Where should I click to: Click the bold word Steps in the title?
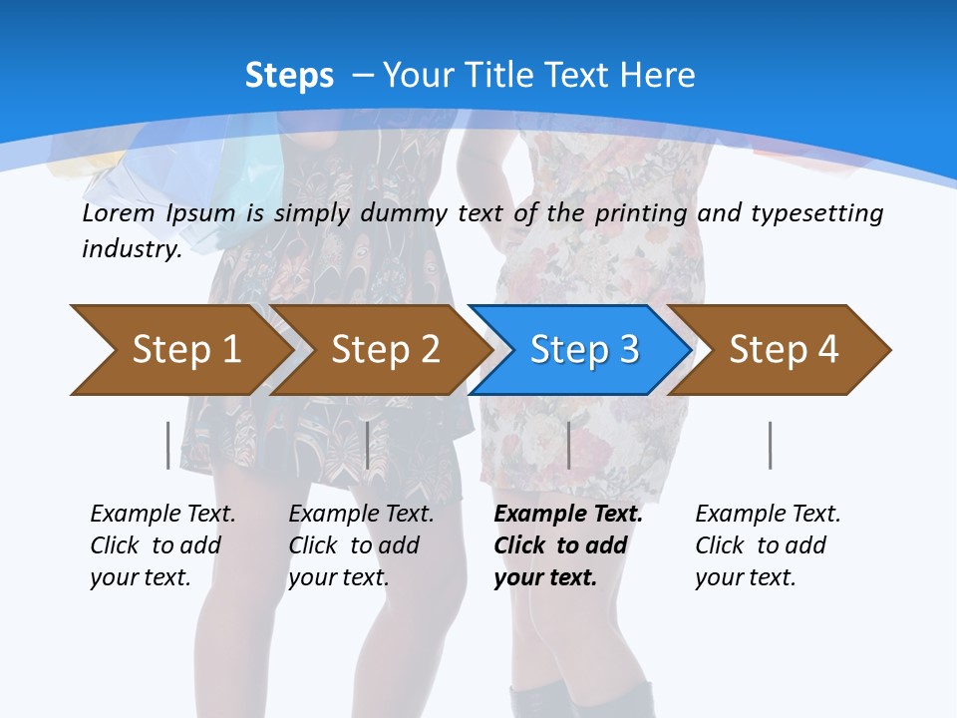[x=289, y=76]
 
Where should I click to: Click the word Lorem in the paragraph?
[x=118, y=213]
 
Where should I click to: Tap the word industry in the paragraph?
[x=131, y=249]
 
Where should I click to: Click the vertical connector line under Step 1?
[x=167, y=445]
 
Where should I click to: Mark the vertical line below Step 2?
[x=368, y=445]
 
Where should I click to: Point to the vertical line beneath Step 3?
[x=568, y=445]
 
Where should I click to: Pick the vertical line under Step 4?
[x=770, y=445]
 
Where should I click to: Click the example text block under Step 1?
[x=162, y=545]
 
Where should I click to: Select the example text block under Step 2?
[x=361, y=545]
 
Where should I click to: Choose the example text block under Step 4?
[x=768, y=545]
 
